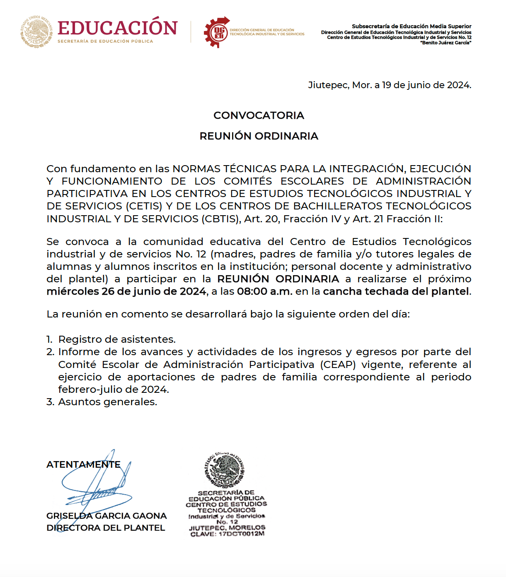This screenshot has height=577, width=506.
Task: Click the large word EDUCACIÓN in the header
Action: point(118,28)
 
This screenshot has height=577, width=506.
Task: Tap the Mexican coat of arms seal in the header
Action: point(36,32)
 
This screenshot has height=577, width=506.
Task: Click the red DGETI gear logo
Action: point(217,32)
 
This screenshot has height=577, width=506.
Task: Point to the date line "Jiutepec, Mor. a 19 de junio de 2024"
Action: point(389,85)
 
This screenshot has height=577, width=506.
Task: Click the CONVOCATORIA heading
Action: point(259,115)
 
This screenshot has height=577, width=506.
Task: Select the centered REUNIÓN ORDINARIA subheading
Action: point(259,136)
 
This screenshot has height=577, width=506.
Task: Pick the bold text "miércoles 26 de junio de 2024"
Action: point(126,291)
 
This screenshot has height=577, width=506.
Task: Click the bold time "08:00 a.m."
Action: point(264,291)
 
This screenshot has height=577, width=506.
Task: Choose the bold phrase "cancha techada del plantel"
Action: point(396,291)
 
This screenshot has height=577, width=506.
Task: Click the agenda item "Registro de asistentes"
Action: point(117,339)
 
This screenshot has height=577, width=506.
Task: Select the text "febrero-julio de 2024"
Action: point(113,389)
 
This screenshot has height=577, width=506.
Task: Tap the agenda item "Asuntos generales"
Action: point(107,402)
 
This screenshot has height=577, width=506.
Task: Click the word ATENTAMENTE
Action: point(83,464)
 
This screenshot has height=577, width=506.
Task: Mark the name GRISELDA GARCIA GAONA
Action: point(107,516)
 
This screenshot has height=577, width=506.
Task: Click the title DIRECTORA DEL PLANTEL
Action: point(106,528)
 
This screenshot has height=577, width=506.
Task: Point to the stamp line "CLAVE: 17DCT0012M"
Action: point(227,534)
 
